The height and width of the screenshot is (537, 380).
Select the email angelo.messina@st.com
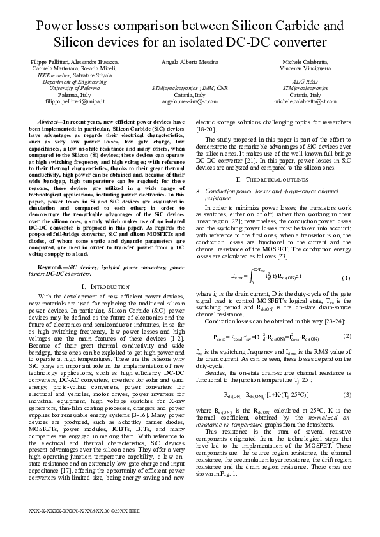tap(190, 101)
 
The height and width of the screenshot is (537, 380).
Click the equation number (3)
tap(346, 377)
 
